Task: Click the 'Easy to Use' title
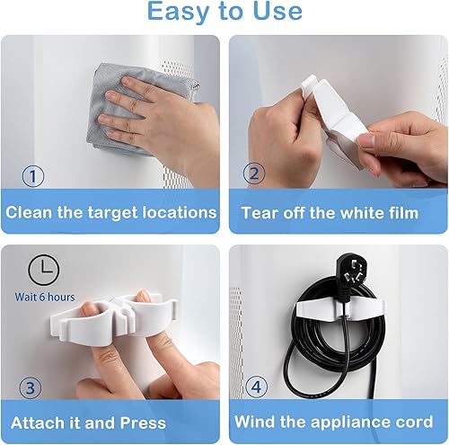[x=224, y=13]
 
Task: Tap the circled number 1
[x=33, y=175]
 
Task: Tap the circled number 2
[x=254, y=175]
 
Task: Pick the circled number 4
[x=254, y=387]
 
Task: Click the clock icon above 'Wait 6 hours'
[x=43, y=271]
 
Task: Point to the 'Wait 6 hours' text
[x=45, y=297]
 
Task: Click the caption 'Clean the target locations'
[x=111, y=213]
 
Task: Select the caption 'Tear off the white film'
[x=330, y=213]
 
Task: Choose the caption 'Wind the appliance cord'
[x=333, y=423]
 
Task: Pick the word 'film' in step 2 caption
[x=400, y=213]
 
